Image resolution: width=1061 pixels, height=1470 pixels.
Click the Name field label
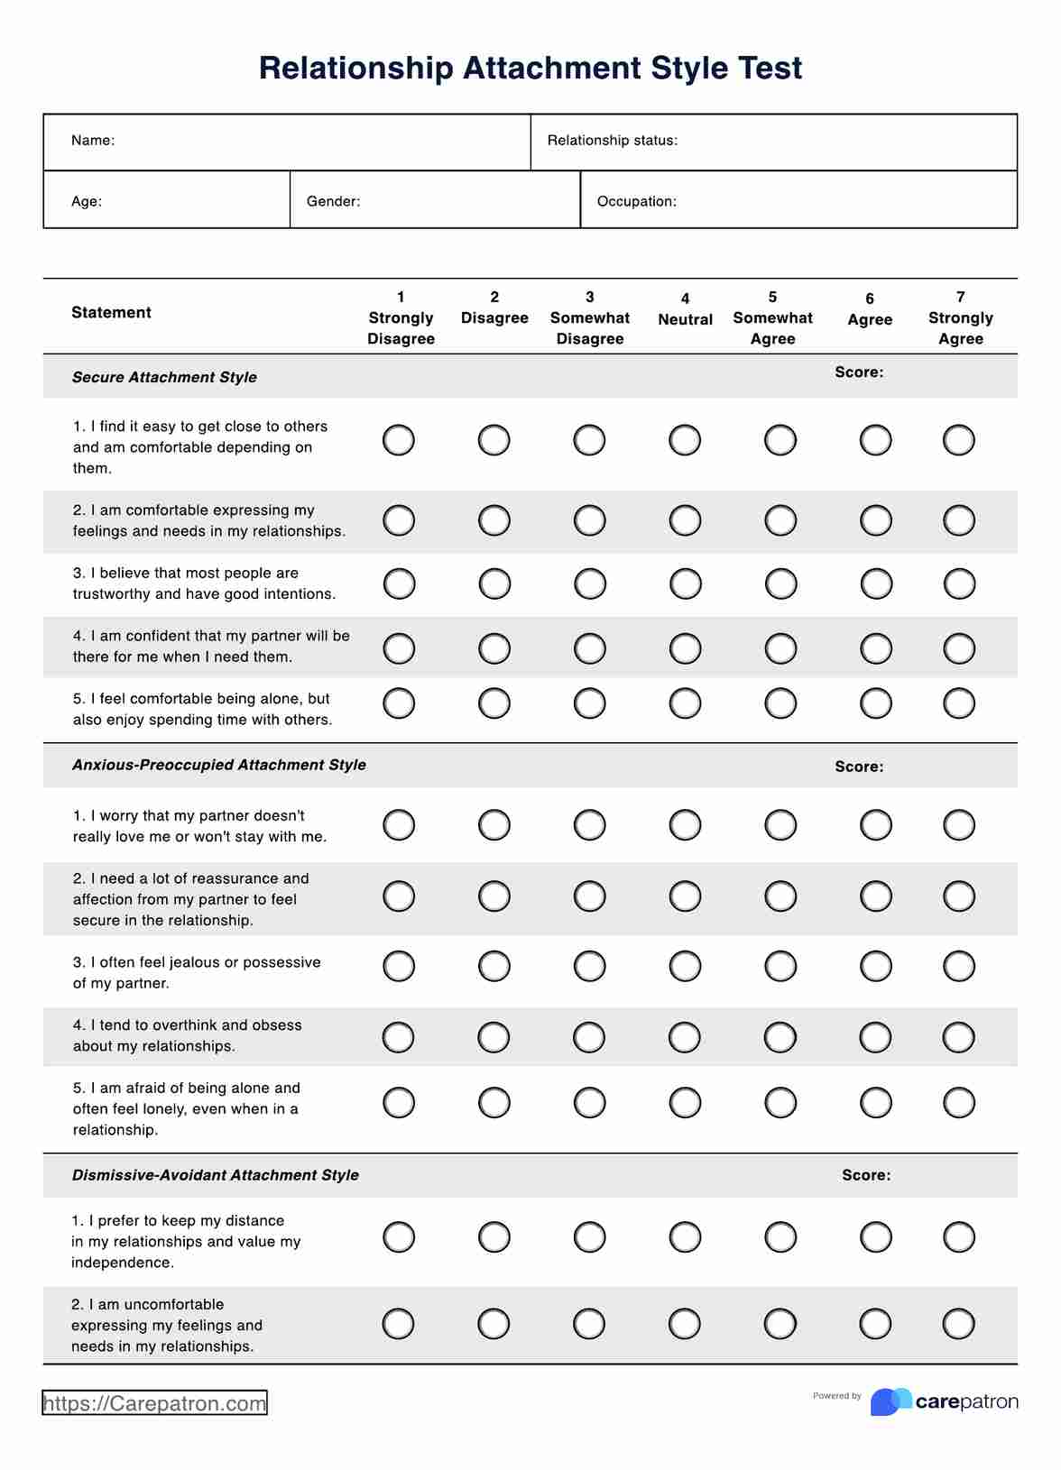(93, 141)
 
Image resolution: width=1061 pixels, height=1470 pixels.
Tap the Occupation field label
(636, 201)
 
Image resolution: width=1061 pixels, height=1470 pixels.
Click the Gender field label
(333, 201)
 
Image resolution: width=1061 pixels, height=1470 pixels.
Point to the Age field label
(87, 201)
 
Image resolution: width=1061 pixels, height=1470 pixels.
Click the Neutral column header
(685, 310)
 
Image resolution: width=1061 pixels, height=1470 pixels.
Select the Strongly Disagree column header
(401, 318)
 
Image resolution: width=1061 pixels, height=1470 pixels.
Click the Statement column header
(111, 313)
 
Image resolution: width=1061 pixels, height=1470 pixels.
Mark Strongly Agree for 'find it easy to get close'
(958, 440)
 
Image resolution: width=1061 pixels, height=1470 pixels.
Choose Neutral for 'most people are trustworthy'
(685, 583)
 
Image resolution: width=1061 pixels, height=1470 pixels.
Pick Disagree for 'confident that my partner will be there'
(494, 648)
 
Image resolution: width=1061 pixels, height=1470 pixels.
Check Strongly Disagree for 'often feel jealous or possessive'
(399, 966)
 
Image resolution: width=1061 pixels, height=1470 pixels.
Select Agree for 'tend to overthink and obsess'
(875, 1037)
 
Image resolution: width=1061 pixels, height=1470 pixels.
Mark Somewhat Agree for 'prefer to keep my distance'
(780, 1236)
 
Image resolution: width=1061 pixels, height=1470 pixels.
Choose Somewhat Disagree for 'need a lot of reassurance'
(589, 896)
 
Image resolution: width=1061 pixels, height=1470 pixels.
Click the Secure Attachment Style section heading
(164, 377)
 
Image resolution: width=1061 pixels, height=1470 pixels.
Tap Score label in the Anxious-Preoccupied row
(859, 767)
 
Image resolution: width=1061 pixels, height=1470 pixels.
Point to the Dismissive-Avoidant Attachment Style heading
(215, 1175)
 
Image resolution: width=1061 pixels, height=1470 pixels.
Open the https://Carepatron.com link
(154, 1403)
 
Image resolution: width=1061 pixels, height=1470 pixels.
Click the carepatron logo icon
(890, 1401)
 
